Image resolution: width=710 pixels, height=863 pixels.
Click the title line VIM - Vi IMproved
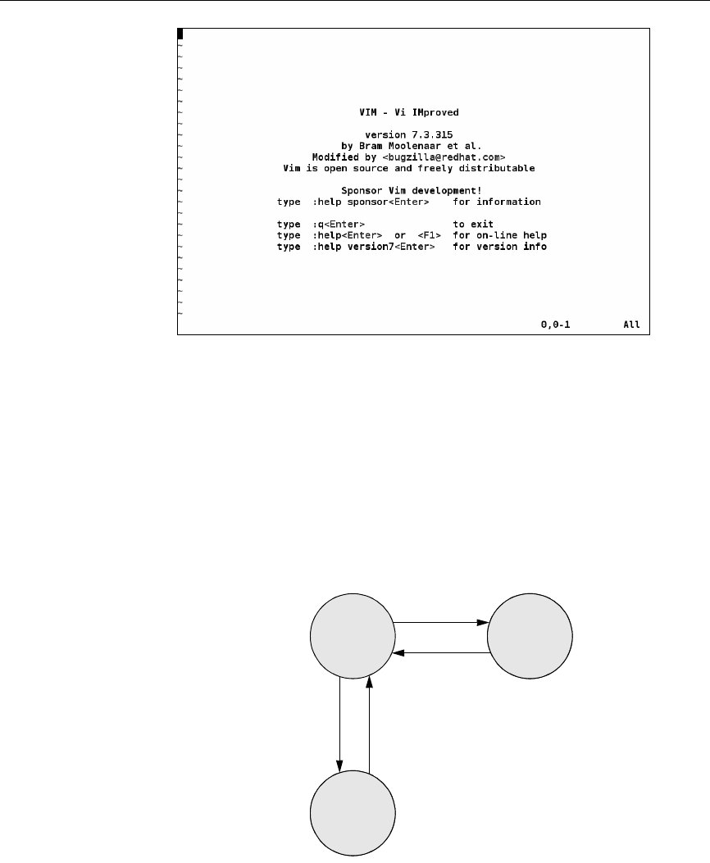point(412,111)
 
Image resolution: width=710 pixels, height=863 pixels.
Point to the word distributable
point(499,167)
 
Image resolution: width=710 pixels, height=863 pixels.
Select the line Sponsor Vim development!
point(411,190)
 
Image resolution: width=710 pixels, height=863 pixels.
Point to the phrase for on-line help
point(499,235)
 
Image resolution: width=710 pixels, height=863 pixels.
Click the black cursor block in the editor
point(180,34)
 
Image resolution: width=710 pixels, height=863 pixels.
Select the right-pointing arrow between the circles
point(441,622)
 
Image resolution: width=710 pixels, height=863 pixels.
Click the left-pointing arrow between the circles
point(441,653)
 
